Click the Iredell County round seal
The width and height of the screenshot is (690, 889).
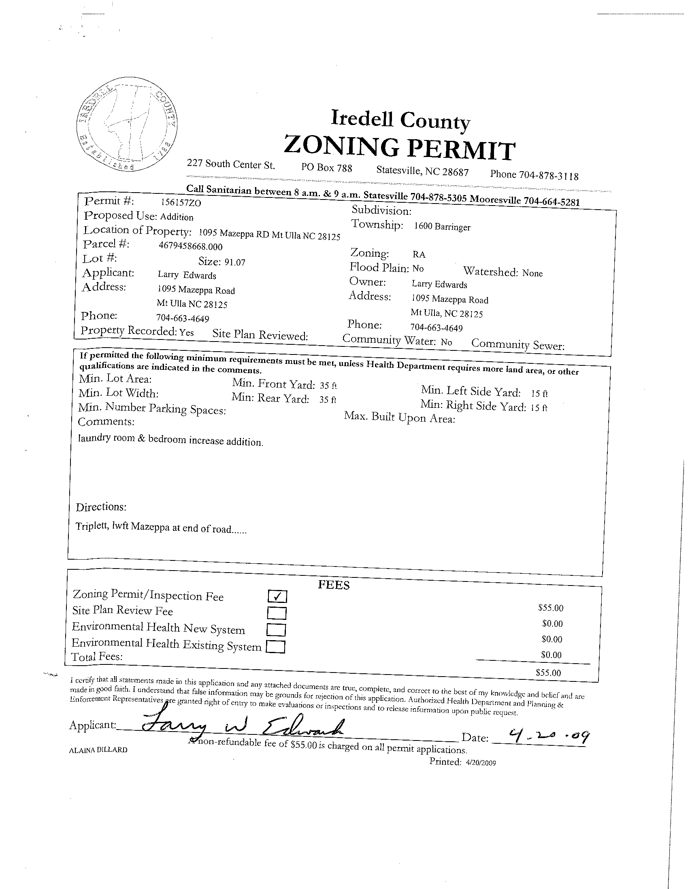(x=127, y=124)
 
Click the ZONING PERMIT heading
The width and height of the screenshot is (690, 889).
(x=399, y=149)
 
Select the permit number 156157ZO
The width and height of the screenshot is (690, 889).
(x=181, y=203)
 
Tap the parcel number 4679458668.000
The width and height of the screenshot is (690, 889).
(x=191, y=246)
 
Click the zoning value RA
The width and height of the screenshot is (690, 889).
(x=419, y=255)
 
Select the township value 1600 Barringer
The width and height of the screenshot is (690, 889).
(x=442, y=227)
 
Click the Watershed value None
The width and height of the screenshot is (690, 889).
(x=532, y=273)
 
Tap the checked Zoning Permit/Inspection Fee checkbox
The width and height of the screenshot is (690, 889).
(x=277, y=597)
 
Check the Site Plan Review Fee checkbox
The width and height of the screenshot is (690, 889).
(x=277, y=613)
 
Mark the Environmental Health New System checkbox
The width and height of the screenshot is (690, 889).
(x=276, y=630)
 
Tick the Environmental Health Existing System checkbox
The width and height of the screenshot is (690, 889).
(x=275, y=647)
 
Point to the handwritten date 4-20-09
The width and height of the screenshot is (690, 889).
(x=545, y=735)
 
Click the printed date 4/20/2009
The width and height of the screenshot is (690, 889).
(x=481, y=763)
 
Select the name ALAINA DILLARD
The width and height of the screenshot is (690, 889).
(x=98, y=750)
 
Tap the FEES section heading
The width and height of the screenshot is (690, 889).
(x=334, y=585)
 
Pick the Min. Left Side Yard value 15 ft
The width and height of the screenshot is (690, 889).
(x=539, y=394)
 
